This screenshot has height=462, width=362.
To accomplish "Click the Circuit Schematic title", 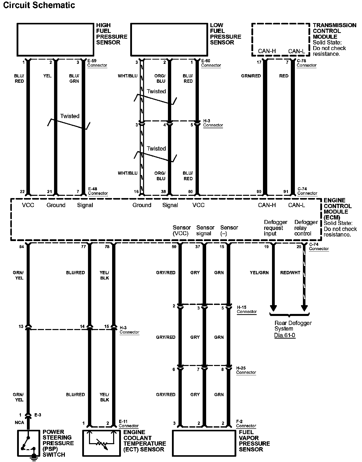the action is coord(39,5).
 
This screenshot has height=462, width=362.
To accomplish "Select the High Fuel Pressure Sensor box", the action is coord(55,39).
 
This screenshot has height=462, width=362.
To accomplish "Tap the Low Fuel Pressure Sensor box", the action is coord(169,39).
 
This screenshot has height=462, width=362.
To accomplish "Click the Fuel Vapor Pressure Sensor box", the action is coord(204,443).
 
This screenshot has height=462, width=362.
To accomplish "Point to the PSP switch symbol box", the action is coord(28,443).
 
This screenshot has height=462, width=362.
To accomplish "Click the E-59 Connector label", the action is coord(97,63).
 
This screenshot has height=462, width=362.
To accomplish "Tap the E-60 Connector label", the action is coord(211,63).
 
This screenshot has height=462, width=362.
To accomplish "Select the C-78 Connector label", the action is coord(306,63).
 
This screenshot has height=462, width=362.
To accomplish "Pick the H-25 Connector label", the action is coord(246,370).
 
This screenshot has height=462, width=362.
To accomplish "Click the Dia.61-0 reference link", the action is coord(285,335).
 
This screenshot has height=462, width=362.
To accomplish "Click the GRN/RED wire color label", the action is coord(251,76).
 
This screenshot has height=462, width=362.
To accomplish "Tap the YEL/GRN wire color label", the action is coord(259,272).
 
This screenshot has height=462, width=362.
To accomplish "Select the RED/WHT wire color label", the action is coord(290,272).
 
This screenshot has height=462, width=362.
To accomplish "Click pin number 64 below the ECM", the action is coord(22,247).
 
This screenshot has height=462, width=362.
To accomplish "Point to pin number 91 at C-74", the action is coord(286,192).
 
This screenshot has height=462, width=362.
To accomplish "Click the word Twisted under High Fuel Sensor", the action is coord(70,116).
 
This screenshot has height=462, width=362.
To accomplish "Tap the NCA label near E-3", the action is coord(19,423).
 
